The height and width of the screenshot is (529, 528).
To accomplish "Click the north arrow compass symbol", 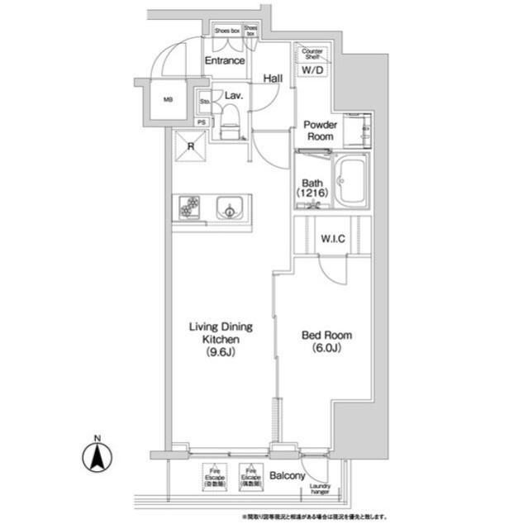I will (98, 455).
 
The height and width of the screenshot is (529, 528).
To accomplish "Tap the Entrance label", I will (224, 60).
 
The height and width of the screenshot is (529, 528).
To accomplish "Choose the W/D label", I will (312, 71).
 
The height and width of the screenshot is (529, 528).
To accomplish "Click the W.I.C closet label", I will (332, 240).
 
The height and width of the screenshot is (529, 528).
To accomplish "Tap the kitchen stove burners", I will (187, 207).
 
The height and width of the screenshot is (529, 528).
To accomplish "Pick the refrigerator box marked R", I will (191, 149).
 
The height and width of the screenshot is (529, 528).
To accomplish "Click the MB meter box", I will (168, 100).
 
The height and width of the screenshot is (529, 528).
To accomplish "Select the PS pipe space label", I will (203, 122).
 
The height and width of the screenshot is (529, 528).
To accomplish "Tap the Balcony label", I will (288, 476).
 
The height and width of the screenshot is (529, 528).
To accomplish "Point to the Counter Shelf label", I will (312, 54).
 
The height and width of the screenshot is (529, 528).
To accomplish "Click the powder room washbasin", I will (362, 128).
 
